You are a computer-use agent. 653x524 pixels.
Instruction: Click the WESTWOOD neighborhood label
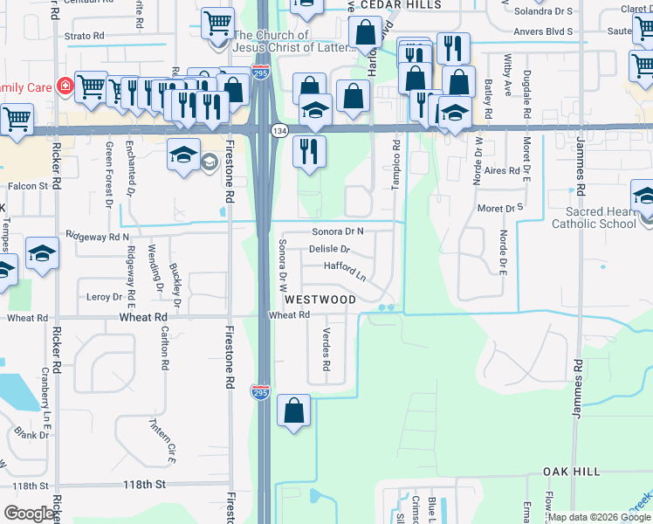(319, 300)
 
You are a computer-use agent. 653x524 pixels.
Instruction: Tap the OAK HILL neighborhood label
(572, 472)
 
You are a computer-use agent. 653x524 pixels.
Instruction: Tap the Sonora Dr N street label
(338, 231)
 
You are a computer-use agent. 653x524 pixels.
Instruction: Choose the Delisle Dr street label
(329, 249)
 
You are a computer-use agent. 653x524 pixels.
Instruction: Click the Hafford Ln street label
(345, 270)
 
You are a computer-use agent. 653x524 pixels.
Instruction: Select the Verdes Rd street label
(326, 348)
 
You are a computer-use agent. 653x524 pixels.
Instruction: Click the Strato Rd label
(85, 37)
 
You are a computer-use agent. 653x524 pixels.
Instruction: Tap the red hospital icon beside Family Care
(65, 86)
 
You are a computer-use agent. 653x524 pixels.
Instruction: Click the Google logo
(30, 514)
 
